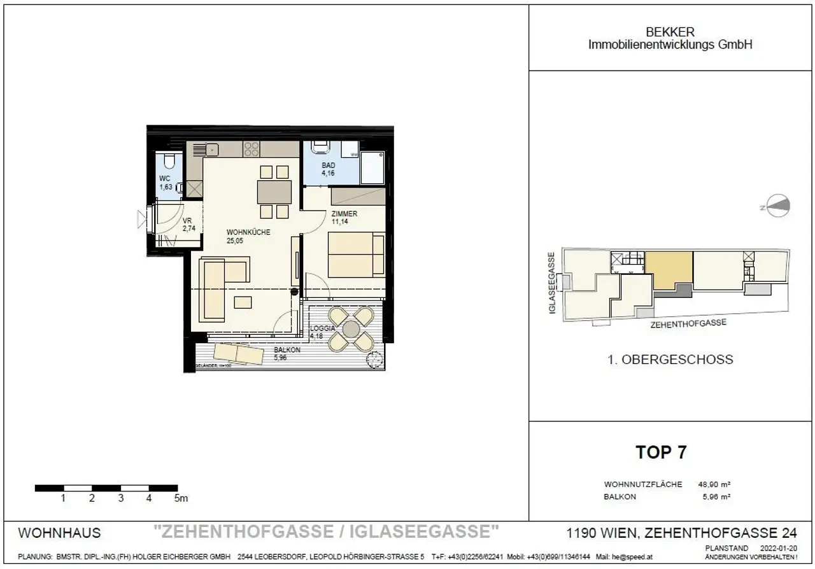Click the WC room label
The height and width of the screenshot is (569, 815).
point(165,178)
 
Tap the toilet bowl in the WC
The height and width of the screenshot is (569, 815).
point(168,160)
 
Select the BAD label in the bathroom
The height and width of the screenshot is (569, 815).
point(328,165)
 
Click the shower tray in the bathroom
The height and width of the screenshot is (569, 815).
point(372,167)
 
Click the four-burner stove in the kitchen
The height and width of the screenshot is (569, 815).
point(252,150)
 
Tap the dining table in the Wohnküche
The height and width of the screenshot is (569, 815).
point(274,192)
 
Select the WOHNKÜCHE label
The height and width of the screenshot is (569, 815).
point(248,232)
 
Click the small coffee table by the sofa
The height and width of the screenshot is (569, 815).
point(243,302)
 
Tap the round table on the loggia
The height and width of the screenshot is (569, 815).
point(351,329)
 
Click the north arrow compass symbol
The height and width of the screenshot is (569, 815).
point(778,206)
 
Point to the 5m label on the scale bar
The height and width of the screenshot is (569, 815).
point(181,499)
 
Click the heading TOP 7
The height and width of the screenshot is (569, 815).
point(661,453)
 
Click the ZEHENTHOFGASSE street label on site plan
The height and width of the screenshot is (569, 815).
point(688,323)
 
